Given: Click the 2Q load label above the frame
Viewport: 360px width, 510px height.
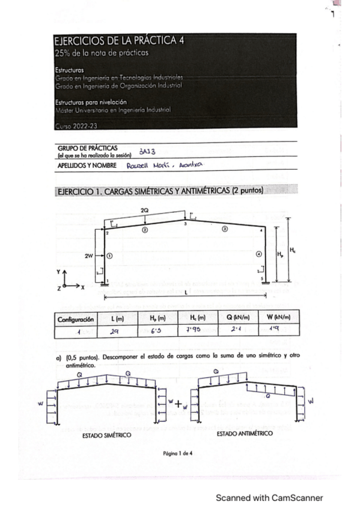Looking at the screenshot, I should click(x=144, y=210).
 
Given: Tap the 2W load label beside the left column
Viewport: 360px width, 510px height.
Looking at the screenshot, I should click(x=88, y=255).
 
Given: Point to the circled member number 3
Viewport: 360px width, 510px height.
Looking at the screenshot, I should click(x=224, y=229).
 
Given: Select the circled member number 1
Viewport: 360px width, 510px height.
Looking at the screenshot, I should click(x=110, y=255).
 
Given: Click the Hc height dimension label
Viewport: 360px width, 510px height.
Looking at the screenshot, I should click(x=292, y=250).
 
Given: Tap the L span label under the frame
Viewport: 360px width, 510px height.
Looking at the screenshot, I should click(x=186, y=292).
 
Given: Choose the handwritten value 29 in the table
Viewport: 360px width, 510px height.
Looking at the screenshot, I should click(x=114, y=330).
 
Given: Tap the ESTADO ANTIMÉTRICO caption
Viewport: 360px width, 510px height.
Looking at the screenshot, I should click(x=245, y=433).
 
